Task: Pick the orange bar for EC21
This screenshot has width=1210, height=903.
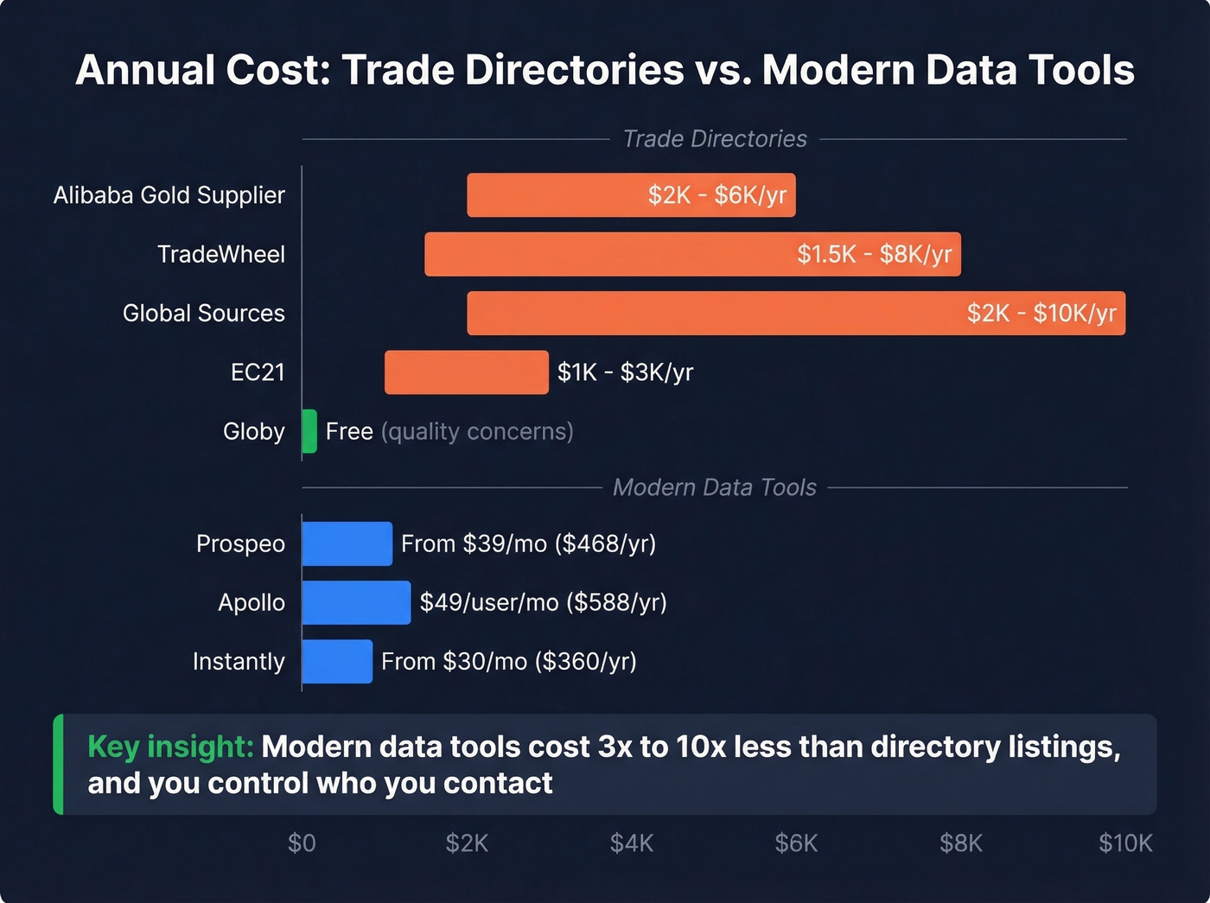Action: pos(466,372)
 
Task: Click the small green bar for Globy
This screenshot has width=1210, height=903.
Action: pos(309,431)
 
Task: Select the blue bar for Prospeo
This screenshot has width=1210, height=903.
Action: pos(347,544)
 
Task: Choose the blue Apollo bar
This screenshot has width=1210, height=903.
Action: pos(356,602)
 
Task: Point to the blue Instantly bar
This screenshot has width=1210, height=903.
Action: pos(337,661)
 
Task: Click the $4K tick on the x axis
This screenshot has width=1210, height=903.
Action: pos(632,843)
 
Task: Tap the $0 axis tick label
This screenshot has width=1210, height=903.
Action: pos(302,843)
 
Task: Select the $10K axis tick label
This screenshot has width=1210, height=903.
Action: pos(1125,843)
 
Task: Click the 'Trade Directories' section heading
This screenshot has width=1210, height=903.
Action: pos(715,139)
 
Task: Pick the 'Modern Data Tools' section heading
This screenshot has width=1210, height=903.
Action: pos(714,487)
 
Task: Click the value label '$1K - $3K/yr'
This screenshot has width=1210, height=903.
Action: pos(625,372)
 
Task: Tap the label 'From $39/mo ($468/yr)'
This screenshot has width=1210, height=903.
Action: pos(528,544)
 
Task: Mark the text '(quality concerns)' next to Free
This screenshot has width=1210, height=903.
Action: pos(477,431)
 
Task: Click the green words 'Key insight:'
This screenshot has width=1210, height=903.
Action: pos(170,747)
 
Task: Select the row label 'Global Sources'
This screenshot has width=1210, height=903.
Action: pos(203,313)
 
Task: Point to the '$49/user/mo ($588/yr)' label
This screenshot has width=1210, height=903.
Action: pos(543,602)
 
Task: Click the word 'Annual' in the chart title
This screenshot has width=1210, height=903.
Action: pos(144,70)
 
